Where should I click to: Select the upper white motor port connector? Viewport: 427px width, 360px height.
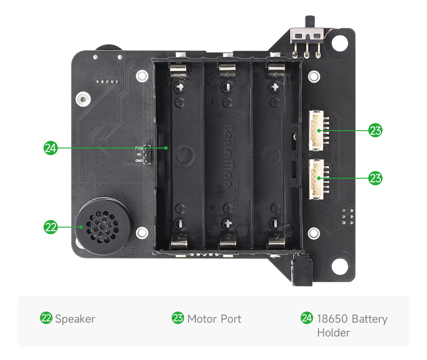[316, 131]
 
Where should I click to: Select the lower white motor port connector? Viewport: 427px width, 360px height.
[316, 178]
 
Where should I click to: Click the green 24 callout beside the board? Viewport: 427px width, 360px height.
[51, 148]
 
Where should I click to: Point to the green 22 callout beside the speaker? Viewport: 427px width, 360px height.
[51, 227]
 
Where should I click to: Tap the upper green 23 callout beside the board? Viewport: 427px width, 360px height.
[375, 131]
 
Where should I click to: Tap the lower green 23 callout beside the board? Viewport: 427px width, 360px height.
[375, 178]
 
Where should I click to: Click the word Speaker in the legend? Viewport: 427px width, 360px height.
[75, 319]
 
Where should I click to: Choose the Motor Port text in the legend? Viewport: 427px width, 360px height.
[214, 319]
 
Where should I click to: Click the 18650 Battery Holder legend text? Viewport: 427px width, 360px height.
[351, 325]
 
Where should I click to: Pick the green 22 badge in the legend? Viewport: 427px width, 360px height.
[46, 318]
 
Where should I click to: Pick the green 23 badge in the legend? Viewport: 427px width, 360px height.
[178, 318]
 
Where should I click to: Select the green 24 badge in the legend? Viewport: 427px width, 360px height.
[307, 318]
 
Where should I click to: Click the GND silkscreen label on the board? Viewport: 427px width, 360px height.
[139, 161]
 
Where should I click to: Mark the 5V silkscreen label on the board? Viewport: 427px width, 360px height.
[139, 154]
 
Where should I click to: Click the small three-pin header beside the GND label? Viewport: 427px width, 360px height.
[147, 154]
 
